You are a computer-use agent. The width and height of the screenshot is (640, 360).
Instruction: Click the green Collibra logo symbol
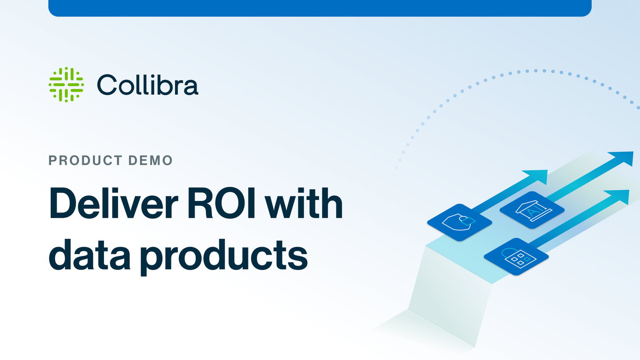coord(66,84)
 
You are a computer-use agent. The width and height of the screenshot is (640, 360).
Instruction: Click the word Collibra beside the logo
coord(148,85)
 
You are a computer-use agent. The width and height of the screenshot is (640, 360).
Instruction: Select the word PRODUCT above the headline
coord(86,160)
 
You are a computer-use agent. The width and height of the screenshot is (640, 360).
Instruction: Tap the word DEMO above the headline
coord(151,160)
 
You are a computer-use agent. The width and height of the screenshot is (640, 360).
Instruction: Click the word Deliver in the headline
coord(114,203)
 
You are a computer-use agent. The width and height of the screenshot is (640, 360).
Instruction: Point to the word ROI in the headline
coord(221,203)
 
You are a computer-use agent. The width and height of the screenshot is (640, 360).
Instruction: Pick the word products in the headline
coord(224,256)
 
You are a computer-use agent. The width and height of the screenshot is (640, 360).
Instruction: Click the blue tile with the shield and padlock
coord(460,222)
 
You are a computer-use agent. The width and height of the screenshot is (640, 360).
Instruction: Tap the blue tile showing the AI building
coord(532,210)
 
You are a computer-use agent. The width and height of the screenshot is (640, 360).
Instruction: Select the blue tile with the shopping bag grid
coord(516,256)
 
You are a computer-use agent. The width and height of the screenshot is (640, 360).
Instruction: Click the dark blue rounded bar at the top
coord(320,8)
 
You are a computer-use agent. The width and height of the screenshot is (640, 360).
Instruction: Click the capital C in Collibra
coord(106,85)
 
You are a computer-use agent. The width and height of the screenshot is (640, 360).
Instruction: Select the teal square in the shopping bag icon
coord(527,259)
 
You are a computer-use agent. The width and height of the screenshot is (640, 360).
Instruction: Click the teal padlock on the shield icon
coord(467,220)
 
